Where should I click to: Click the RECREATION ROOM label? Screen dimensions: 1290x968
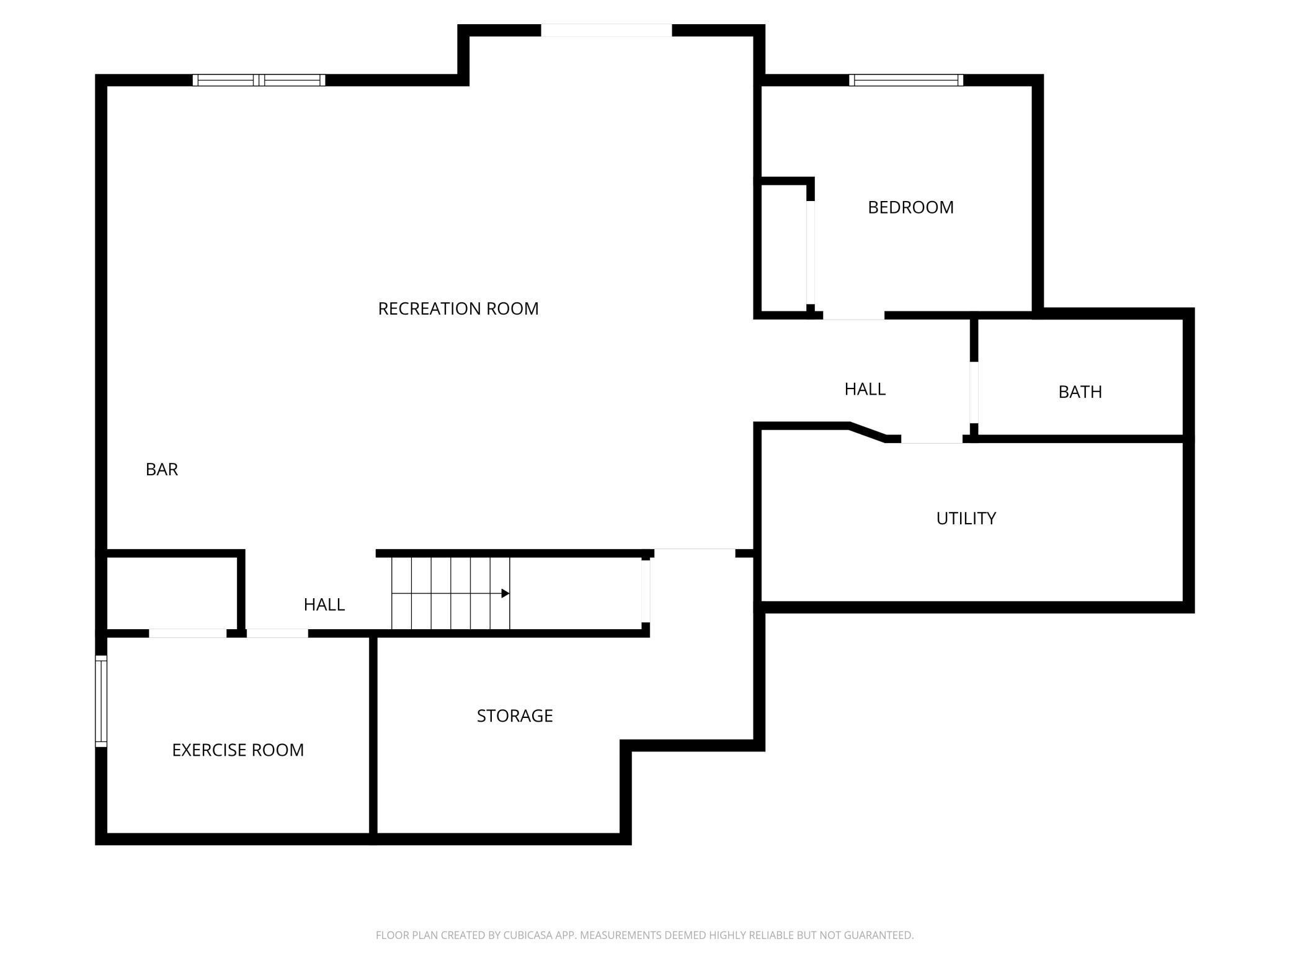[x=458, y=308]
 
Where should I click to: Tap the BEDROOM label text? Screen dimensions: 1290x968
[x=910, y=207]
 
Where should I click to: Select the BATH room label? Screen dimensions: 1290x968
[x=1080, y=392]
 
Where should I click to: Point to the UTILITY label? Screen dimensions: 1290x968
[x=966, y=518]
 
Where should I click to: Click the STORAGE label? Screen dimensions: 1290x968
[x=515, y=716]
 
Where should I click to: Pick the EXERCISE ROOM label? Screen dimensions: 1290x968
[x=238, y=750]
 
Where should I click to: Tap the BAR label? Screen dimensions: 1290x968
[x=162, y=470]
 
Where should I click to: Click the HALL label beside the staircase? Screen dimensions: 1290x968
[x=324, y=604]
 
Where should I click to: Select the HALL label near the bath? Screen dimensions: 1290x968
[x=865, y=389]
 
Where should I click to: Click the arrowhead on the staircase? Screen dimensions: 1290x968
[x=505, y=594]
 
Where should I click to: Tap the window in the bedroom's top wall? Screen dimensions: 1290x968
[x=906, y=80]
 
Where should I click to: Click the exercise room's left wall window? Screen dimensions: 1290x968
[x=101, y=701]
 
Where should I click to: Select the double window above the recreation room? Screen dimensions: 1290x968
[x=259, y=80]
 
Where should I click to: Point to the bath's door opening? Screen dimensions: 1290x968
[x=974, y=392]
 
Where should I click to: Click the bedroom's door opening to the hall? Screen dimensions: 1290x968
[x=853, y=316]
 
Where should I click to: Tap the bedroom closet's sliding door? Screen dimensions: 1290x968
[x=811, y=253]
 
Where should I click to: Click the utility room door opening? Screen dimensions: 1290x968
[x=932, y=439]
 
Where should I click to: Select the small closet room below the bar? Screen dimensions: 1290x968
[x=172, y=593]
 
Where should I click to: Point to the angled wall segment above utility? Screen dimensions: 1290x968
[x=867, y=432]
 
